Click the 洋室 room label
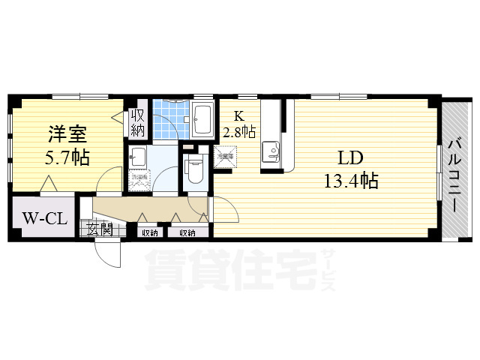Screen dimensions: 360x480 coord(68,136)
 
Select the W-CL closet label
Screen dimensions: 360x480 coord(43,220)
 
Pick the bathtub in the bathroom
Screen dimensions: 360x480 coord(202,118)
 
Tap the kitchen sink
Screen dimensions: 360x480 coord(271,154)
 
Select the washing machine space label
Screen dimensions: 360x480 coord(139,181)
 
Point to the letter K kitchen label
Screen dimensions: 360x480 coord(239,115)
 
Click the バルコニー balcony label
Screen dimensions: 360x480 coord(454,169)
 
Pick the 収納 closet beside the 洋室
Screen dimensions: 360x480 coord(138,122)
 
